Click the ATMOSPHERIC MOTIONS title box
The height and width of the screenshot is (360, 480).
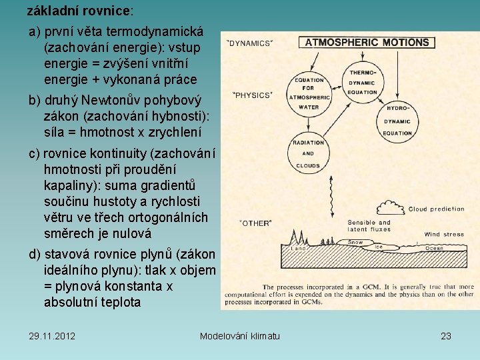(367, 43)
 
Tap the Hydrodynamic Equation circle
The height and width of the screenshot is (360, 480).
(397, 119)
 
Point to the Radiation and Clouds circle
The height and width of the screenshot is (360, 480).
(308, 154)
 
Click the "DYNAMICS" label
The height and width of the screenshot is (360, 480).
(250, 43)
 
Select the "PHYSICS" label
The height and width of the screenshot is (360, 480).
(251, 95)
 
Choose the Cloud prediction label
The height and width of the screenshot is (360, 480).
(437, 209)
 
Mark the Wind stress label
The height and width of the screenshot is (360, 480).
(444, 234)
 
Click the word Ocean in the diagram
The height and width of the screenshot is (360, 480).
(434, 248)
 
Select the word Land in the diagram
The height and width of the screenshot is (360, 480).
(300, 249)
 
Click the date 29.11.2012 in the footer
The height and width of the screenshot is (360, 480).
(52, 335)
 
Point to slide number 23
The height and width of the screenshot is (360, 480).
(446, 335)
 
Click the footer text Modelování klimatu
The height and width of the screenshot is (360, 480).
(240, 335)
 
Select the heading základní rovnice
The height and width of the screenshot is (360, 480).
(79, 11)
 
